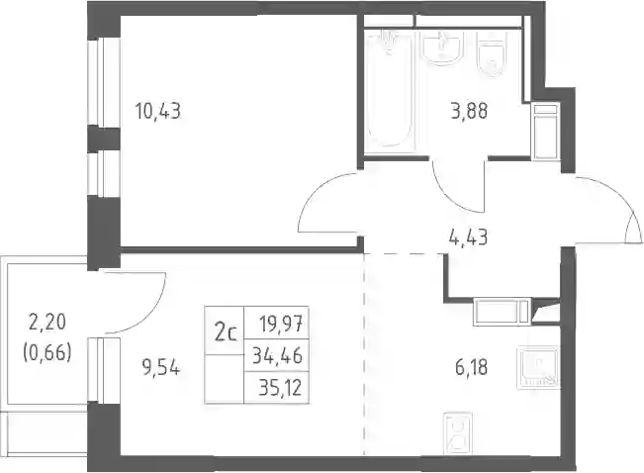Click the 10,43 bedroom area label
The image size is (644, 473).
click(x=158, y=111)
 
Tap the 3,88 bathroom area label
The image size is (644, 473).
click(x=469, y=111)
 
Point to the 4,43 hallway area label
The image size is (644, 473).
click(x=469, y=237)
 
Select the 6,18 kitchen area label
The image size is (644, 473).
click(x=472, y=367)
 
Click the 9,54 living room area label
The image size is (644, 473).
click(x=161, y=367)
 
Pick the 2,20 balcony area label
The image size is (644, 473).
click(x=47, y=322)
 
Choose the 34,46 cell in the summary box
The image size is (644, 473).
click(x=277, y=355)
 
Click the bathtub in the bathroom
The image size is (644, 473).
click(x=388, y=90)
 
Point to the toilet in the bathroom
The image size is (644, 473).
click(x=491, y=53)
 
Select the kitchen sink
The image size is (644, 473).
click(x=538, y=367)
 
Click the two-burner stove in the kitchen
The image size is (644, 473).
click(x=457, y=433)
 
